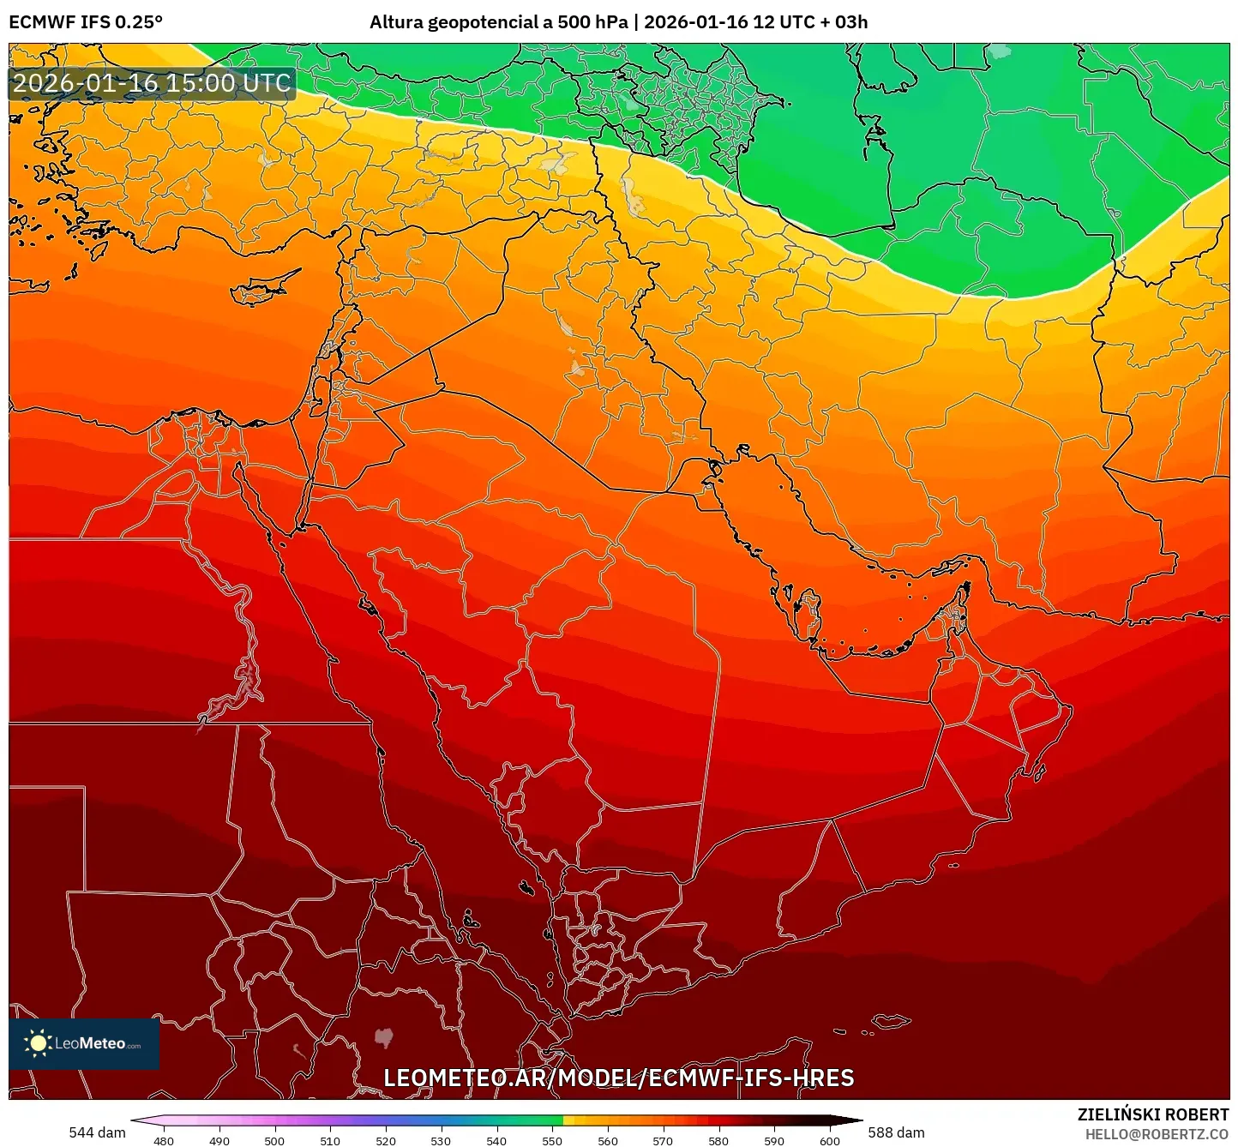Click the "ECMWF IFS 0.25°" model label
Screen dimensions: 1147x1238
[x=86, y=22]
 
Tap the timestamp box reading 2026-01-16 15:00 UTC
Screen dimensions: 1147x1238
[x=152, y=83]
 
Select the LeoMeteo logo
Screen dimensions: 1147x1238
[x=84, y=1043]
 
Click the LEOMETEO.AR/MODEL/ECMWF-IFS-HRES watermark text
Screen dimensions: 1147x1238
[x=618, y=1078]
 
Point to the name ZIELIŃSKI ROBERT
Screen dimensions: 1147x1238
[x=1152, y=1114]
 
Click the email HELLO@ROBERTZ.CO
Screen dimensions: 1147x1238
[x=1157, y=1134]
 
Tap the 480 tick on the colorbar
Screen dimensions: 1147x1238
[x=164, y=1140]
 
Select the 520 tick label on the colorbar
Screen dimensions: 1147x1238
[x=386, y=1140]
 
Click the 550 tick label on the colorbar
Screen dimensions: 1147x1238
[x=552, y=1140]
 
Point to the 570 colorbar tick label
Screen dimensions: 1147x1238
[x=663, y=1140]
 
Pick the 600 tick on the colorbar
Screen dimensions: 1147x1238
[x=829, y=1140]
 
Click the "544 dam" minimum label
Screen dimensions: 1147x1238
[x=97, y=1132]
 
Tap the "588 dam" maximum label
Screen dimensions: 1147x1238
[x=896, y=1132]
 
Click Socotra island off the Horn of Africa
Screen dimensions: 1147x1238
[x=892, y=1021]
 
